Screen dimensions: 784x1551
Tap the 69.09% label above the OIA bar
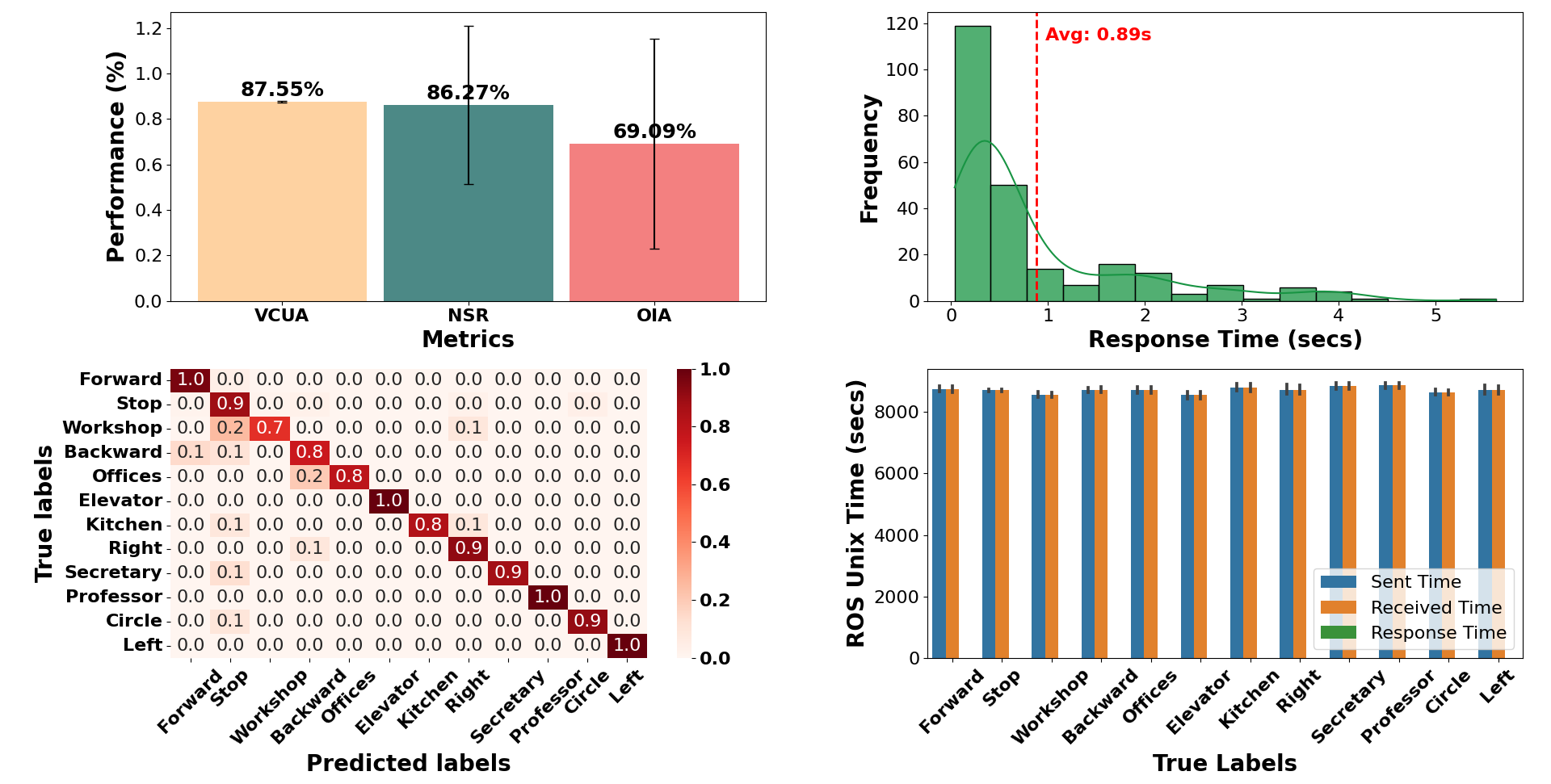(x=654, y=131)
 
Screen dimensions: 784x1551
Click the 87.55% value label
(x=282, y=89)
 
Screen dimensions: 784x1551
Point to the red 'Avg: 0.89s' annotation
(x=1098, y=35)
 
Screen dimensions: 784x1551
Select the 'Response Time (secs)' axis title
(x=1225, y=339)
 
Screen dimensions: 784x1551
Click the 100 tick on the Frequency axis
(x=902, y=69)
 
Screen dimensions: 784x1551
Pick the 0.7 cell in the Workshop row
(x=270, y=428)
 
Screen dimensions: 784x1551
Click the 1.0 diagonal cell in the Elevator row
(x=389, y=501)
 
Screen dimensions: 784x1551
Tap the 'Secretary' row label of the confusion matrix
(x=113, y=572)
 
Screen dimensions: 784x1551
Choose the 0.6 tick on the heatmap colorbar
(x=715, y=484)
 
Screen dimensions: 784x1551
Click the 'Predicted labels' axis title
(x=408, y=763)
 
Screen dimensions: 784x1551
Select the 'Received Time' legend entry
(x=1435, y=607)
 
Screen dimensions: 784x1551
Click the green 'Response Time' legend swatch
(x=1338, y=632)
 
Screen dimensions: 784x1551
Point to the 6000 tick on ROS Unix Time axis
(x=896, y=473)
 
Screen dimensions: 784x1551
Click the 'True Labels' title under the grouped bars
(x=1225, y=763)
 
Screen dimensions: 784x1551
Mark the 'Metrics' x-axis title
(x=468, y=339)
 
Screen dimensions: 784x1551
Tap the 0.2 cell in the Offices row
(x=309, y=476)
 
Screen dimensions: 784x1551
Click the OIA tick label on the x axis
(x=654, y=316)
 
